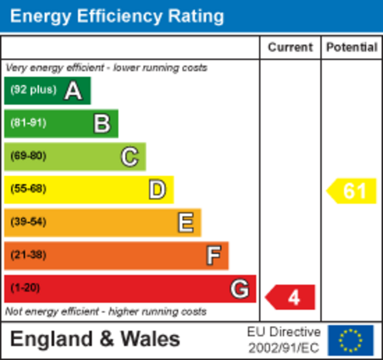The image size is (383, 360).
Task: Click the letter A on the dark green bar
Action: tap(73, 91)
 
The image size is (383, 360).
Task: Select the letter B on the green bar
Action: tap(102, 124)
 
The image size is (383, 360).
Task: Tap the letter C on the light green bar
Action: tap(129, 157)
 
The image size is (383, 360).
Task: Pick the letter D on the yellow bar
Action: tap(157, 190)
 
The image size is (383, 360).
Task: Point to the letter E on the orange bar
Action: tap(185, 223)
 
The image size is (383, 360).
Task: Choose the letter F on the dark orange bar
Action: tap(214, 255)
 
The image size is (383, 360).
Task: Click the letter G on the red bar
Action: tap(239, 289)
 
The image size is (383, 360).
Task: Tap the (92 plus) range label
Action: tap(33, 90)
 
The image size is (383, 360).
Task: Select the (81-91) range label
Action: tap(28, 123)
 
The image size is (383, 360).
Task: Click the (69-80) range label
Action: tap(28, 156)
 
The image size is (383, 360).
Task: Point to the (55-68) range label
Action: tap(28, 189)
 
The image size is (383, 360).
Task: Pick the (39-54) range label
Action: tap(28, 222)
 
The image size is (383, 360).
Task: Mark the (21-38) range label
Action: tap(28, 255)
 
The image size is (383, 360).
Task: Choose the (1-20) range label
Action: tap(25, 288)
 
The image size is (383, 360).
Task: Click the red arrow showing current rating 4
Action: tap(291, 297)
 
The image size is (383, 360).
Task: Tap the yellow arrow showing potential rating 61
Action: tap(352, 191)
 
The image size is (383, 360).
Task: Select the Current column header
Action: tap(290, 47)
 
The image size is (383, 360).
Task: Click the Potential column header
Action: tap(351, 47)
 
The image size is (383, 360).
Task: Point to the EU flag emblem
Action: tap(350, 340)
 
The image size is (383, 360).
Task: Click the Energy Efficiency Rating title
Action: tap(117, 16)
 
